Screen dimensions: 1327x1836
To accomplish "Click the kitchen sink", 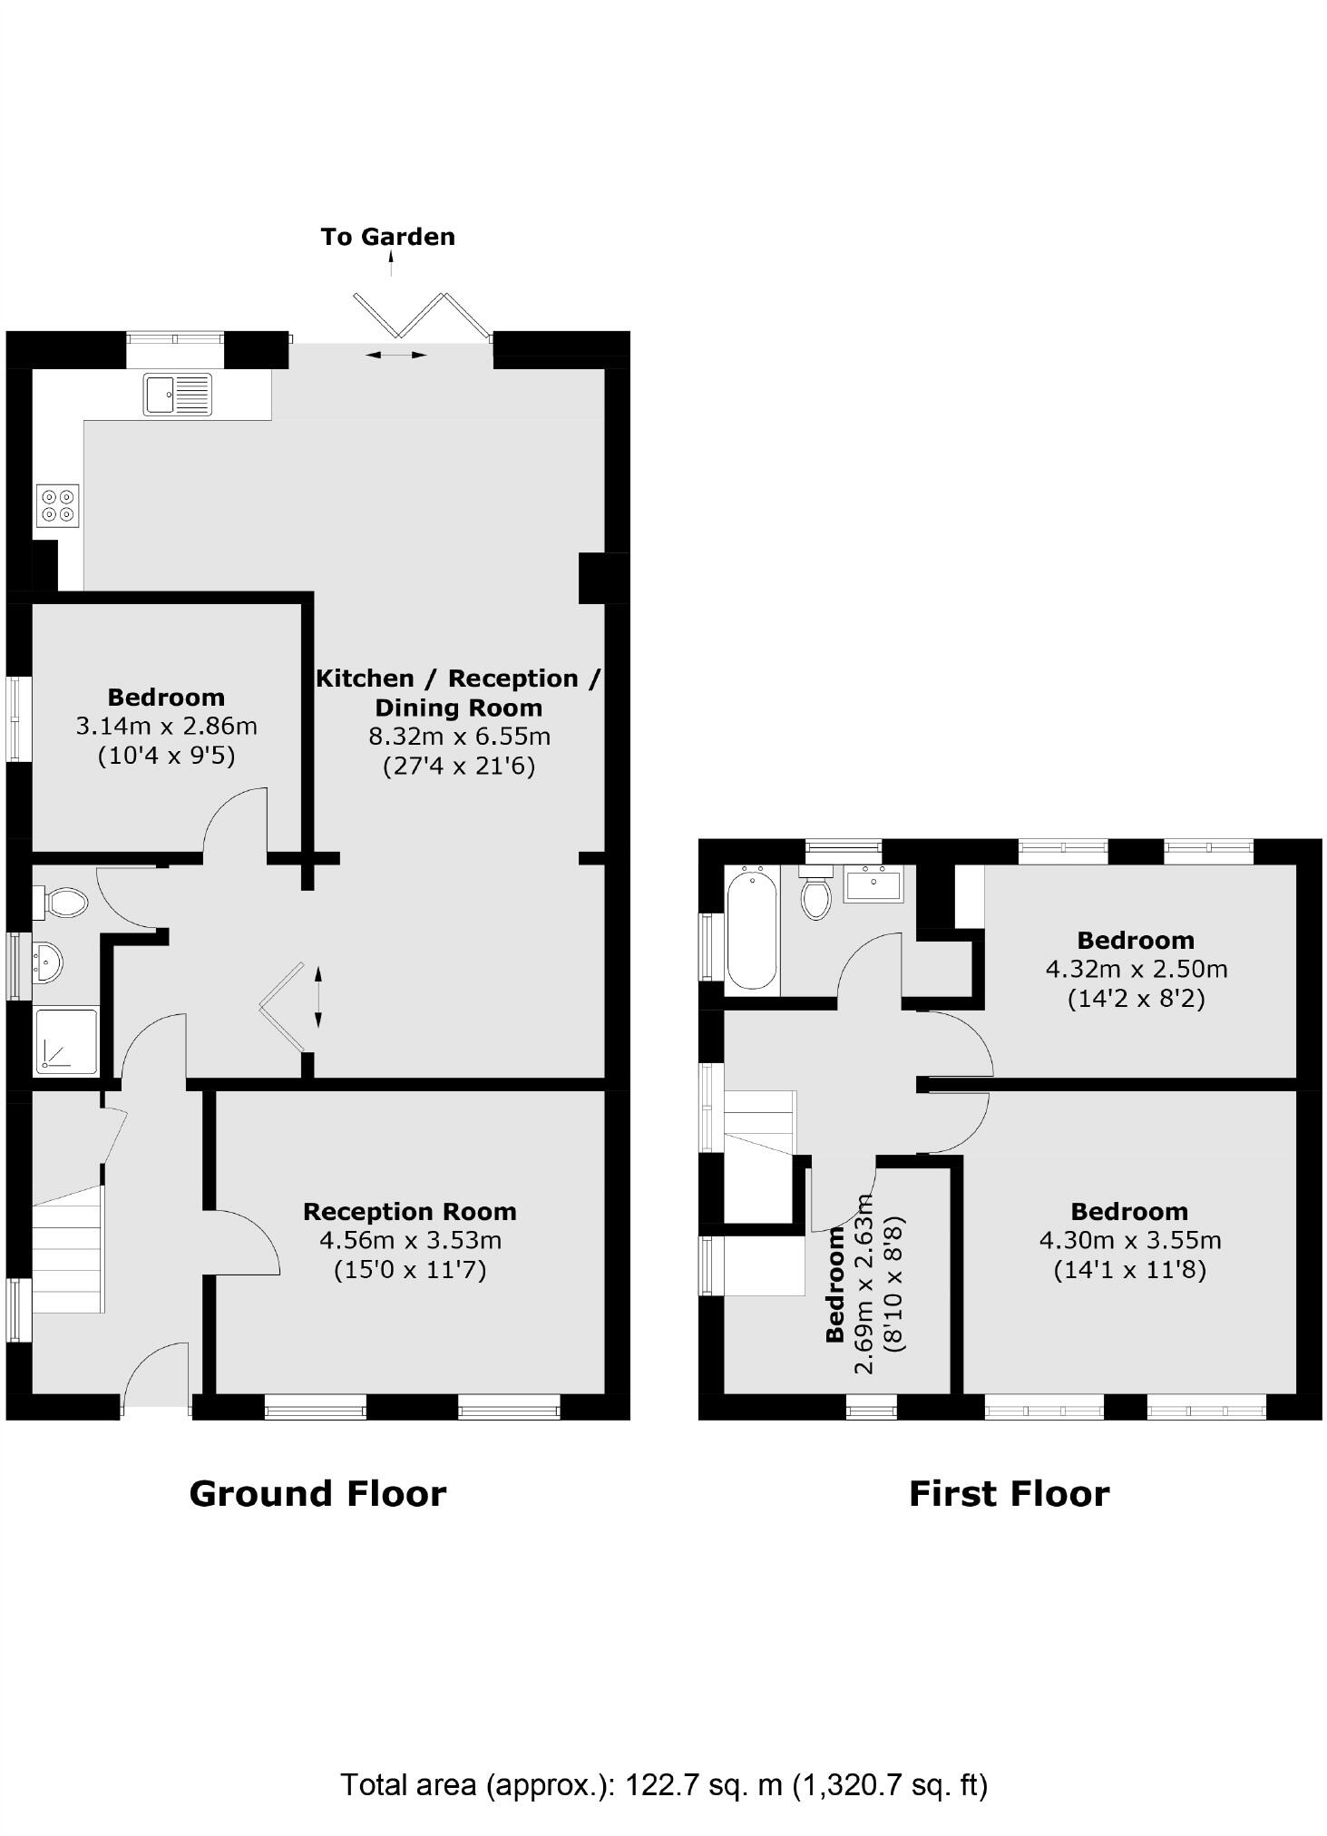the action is tap(177, 395).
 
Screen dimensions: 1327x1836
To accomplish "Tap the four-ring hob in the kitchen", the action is tap(58, 505).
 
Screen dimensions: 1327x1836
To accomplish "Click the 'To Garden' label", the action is tap(387, 237).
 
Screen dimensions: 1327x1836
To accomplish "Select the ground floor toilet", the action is tap(62, 902).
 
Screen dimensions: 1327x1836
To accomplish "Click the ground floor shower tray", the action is tap(66, 1040).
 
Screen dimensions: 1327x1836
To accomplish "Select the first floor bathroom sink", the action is tap(873, 884).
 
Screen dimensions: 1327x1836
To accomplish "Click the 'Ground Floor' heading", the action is tap(317, 1493).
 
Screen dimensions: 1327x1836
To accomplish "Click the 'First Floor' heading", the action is tap(1009, 1493).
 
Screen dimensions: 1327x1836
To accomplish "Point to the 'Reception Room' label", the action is tap(410, 1211).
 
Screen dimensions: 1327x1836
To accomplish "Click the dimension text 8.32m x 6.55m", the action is tap(459, 736).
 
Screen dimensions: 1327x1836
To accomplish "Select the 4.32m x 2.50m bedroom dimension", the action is tap(1137, 969).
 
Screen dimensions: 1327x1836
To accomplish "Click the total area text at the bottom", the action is tap(664, 1784).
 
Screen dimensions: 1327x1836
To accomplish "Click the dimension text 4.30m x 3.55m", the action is tap(1130, 1240).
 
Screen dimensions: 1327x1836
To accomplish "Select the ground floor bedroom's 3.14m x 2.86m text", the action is tap(166, 726).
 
